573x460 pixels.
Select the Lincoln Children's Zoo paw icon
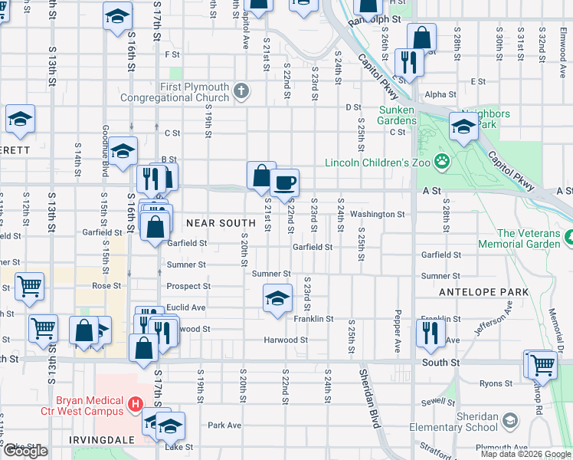pos(441,162)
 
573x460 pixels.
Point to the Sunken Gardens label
pos(398,115)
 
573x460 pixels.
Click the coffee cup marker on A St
pos(284,183)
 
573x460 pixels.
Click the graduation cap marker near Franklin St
pos(277,298)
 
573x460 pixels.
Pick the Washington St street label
pos(378,215)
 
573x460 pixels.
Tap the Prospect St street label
pos(188,287)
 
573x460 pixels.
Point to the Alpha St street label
pos(440,95)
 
